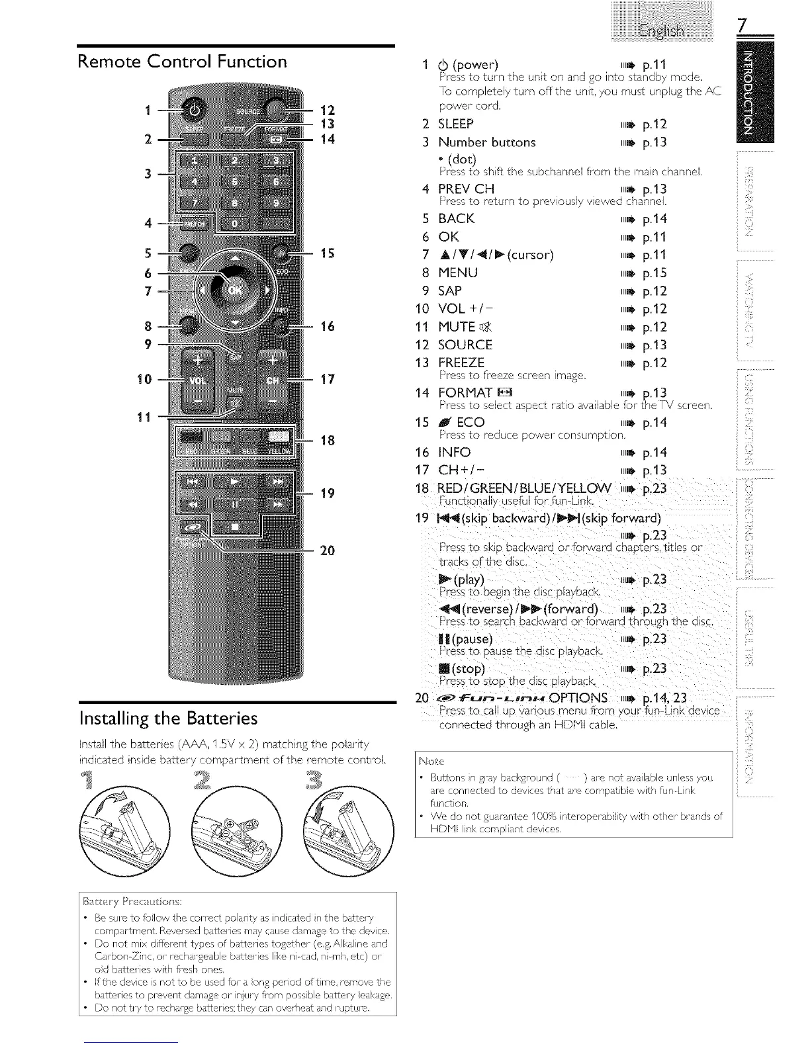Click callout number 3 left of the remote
[148, 173]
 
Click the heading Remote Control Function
[183, 62]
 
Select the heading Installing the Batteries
[168, 718]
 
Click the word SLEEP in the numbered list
[456, 124]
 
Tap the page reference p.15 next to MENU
[654, 273]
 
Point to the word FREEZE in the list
[461, 363]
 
